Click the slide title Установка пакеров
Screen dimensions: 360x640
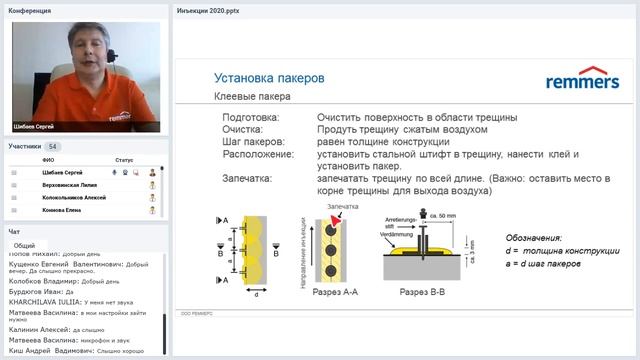pyautogui.click(x=268, y=77)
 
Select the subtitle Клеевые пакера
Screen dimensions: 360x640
pyautogui.click(x=253, y=98)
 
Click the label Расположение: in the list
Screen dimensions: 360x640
pyautogui.click(x=260, y=154)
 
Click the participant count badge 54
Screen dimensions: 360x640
pyautogui.click(x=53, y=147)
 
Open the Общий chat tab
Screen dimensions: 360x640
pyautogui.click(x=25, y=245)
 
